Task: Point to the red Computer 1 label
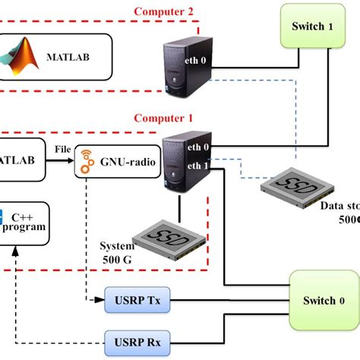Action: tap(163, 118)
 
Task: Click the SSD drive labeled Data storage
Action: tap(292, 190)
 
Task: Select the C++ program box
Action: tap(23, 222)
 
